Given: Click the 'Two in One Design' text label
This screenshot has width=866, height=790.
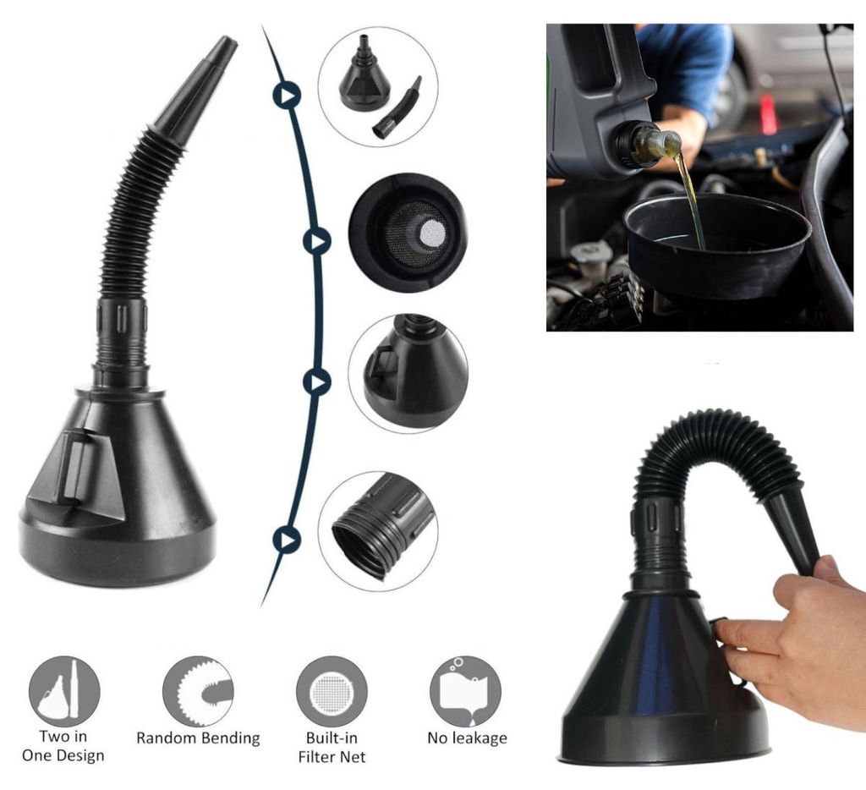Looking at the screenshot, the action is [x=63, y=746].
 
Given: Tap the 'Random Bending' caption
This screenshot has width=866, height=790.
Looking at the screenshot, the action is [x=198, y=738].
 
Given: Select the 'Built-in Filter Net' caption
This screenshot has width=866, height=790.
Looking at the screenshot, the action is [x=332, y=747].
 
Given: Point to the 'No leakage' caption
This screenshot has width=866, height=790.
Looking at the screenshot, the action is [x=467, y=738].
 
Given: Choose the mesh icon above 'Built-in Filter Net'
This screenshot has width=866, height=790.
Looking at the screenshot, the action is [x=332, y=692].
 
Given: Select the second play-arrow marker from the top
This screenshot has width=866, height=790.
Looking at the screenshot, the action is [x=318, y=241].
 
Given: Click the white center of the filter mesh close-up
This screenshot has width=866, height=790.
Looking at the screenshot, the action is [x=432, y=234].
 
